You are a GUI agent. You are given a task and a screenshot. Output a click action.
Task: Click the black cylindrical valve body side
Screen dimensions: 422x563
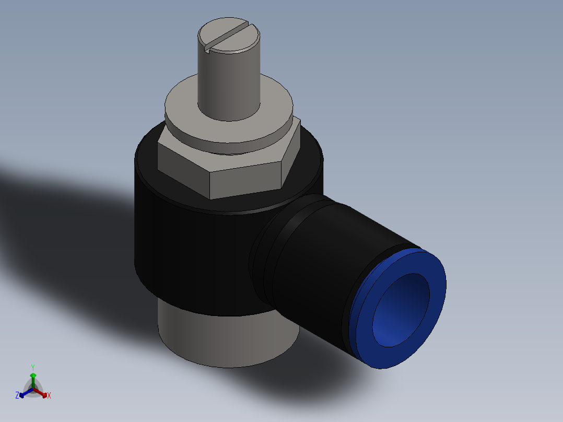(188, 251)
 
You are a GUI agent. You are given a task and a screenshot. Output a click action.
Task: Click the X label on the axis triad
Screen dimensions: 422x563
(49, 396)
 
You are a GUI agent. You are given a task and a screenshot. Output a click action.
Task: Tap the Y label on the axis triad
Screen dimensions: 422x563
(32, 367)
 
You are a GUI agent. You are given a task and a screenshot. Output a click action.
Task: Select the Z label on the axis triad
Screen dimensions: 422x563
(17, 396)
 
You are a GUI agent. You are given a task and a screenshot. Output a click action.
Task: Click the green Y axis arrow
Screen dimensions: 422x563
(32, 378)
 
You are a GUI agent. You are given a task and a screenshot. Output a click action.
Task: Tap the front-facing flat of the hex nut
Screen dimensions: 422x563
(245, 180)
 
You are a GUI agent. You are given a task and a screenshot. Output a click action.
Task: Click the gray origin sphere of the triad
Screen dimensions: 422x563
(33, 390)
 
